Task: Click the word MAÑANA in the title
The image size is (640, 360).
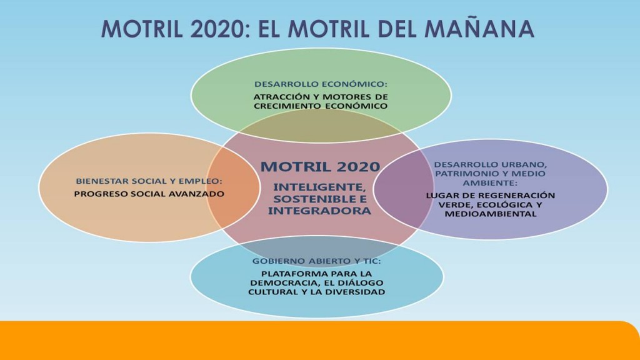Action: pyautogui.click(x=479, y=28)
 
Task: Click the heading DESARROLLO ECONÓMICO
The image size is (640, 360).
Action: pyautogui.click(x=321, y=84)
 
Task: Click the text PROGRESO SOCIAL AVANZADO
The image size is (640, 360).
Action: pyautogui.click(x=149, y=194)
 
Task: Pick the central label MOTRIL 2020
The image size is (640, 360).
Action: pyautogui.click(x=321, y=166)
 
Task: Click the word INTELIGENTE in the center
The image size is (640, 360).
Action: pyautogui.click(x=319, y=187)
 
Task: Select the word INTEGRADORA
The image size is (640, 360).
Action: pyautogui.click(x=319, y=211)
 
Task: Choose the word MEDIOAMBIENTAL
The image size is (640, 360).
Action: pyautogui.click(x=490, y=214)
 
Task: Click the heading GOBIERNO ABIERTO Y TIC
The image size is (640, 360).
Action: pyautogui.click(x=316, y=261)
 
